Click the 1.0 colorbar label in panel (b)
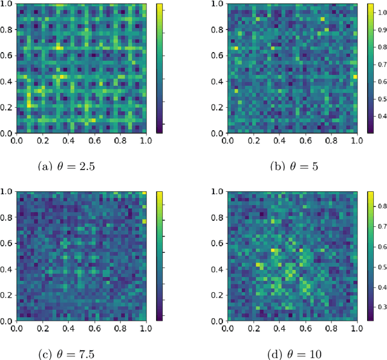pos(380,10)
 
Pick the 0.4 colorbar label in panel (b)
pos(380,115)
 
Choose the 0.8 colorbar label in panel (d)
pos(380,206)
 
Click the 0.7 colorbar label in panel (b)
pos(380,63)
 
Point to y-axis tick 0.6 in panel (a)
pos(7,55)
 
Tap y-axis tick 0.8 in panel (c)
pos(7,217)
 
